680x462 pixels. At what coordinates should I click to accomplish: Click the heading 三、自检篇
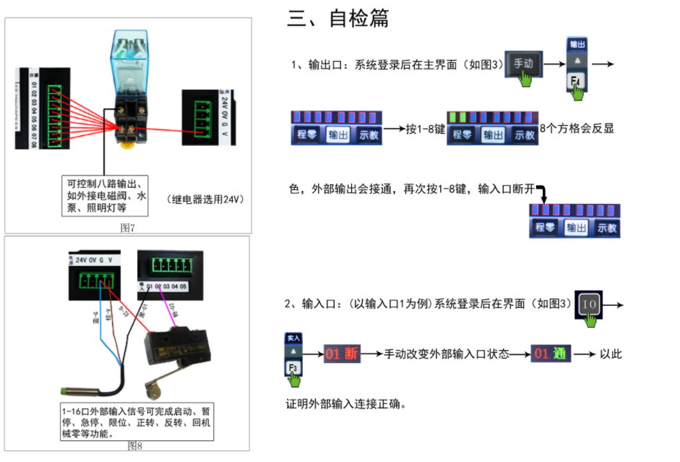(337, 20)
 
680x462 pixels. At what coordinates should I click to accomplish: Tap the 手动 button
(522, 64)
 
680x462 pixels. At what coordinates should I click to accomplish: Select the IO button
(590, 305)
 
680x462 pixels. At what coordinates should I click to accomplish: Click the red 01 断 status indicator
(342, 354)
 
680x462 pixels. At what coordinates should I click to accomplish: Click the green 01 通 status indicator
(550, 354)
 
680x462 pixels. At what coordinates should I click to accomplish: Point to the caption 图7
(128, 228)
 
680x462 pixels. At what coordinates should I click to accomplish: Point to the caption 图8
(134, 445)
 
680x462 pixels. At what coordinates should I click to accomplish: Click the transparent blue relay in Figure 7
(128, 61)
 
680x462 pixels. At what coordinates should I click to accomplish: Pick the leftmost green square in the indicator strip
(452, 116)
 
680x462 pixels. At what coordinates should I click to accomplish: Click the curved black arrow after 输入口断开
(541, 192)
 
